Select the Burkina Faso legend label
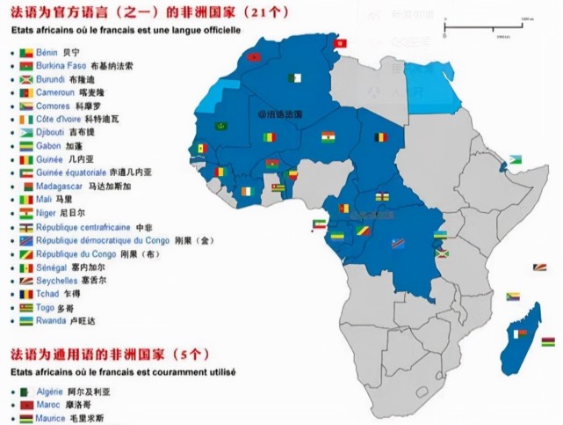(62, 66)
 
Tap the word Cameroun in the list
(55, 92)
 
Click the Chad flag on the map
(381, 138)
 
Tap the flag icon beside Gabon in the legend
(26, 146)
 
